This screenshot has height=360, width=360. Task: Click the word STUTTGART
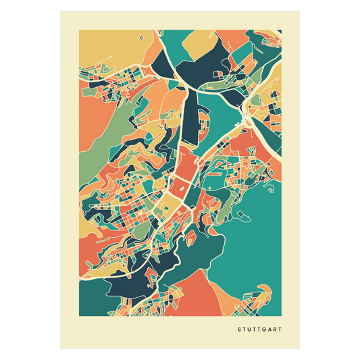(x=259, y=330)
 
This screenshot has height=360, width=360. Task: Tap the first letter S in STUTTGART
(x=239, y=330)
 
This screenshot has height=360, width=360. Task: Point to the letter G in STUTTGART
(x=264, y=330)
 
